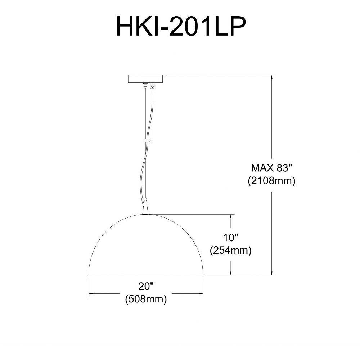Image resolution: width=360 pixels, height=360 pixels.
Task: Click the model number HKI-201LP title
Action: [181, 27]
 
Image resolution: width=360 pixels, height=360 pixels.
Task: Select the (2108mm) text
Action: [271, 181]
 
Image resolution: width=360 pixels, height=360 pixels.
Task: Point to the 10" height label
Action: [230, 237]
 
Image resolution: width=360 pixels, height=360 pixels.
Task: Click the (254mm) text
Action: [231, 251]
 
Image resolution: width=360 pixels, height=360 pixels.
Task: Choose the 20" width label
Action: [146, 286]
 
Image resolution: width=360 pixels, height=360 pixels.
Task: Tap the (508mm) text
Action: [146, 299]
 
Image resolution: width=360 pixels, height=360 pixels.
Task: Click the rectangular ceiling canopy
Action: [145, 79]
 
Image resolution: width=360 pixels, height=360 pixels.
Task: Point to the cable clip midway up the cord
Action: [147, 140]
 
